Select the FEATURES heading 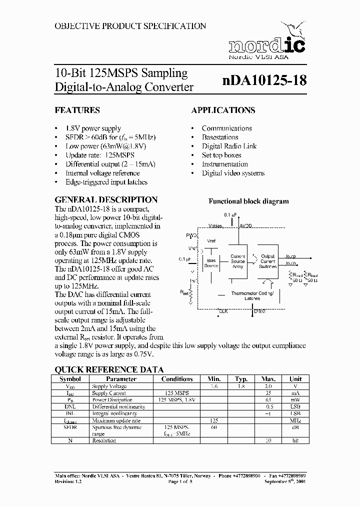coord(77,110)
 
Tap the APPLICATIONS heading coord(223,110)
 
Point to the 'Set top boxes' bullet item coord(221,155)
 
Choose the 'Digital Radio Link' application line coord(229,146)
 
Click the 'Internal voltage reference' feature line coord(103,173)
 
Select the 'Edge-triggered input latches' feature coord(106,182)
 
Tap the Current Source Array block coord(238,261)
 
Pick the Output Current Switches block coord(268,261)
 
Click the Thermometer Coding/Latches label coord(252,296)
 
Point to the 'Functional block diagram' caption coord(248,201)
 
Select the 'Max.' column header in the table coord(268,379)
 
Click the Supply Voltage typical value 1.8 coord(241,386)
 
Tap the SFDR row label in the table coord(69,427)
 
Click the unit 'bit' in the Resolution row coord(295,440)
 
